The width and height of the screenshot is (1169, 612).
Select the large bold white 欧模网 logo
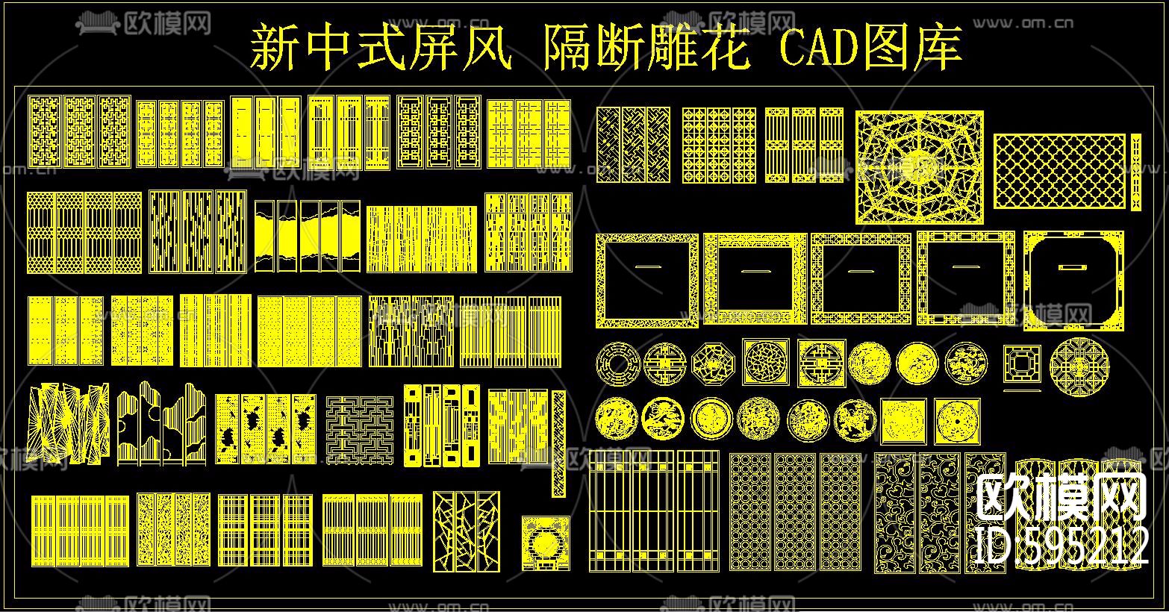(1062, 498)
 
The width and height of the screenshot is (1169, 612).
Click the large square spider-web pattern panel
(920, 166)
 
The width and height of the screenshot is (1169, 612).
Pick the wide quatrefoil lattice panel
(1059, 171)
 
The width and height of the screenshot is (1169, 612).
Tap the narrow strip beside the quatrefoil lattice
(1136, 171)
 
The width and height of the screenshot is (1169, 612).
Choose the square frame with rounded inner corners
(1073, 279)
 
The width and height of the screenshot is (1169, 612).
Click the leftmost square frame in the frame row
(646, 279)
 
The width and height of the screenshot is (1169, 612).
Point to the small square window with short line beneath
(1021, 366)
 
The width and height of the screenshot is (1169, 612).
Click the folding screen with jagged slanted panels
(68, 423)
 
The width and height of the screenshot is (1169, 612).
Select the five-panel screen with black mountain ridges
(308, 236)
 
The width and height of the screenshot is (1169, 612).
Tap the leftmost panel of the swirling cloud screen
(894, 512)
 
